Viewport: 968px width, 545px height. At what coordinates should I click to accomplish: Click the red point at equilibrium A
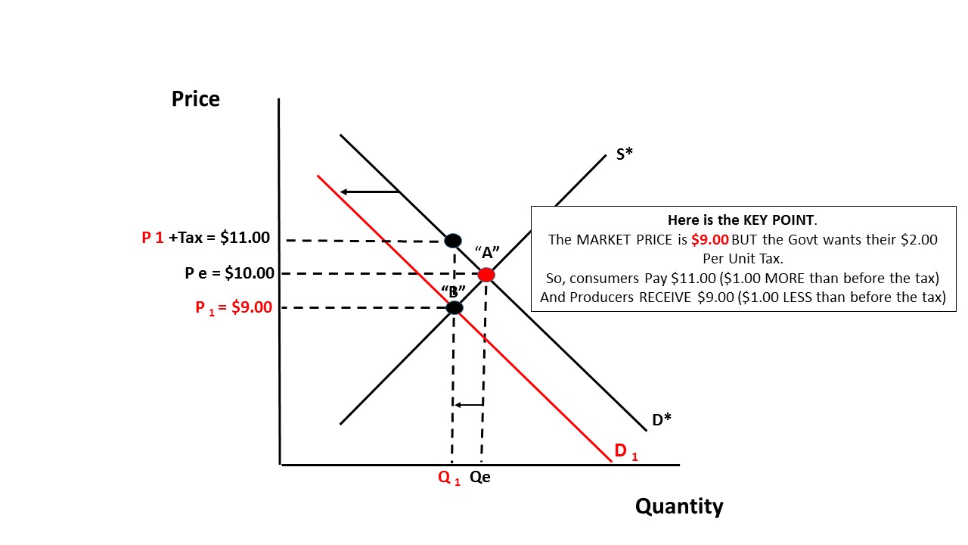(x=486, y=275)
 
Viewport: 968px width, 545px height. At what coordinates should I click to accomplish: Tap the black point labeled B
(x=455, y=307)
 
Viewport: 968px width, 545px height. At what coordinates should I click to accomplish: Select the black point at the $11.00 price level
(x=453, y=241)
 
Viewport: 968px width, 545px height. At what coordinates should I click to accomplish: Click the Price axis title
(x=195, y=99)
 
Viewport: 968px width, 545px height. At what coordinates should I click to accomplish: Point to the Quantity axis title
(x=679, y=506)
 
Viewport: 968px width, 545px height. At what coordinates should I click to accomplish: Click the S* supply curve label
(x=624, y=154)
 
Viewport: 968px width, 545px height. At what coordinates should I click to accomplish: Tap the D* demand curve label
(x=662, y=419)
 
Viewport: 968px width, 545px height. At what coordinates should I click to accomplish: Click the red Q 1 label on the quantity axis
(x=449, y=478)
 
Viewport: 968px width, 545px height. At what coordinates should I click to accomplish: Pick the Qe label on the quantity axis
(x=480, y=478)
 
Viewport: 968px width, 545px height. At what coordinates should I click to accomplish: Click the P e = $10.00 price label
(x=230, y=273)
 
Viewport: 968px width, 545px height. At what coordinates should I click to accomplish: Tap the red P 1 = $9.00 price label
(x=234, y=307)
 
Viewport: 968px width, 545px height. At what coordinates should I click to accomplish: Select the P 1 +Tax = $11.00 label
(x=206, y=238)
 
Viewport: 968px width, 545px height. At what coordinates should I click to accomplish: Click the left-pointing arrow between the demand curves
(x=369, y=192)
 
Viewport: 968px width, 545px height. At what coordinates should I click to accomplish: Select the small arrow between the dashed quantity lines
(x=468, y=405)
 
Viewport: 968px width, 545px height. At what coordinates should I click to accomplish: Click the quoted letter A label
(x=488, y=251)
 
